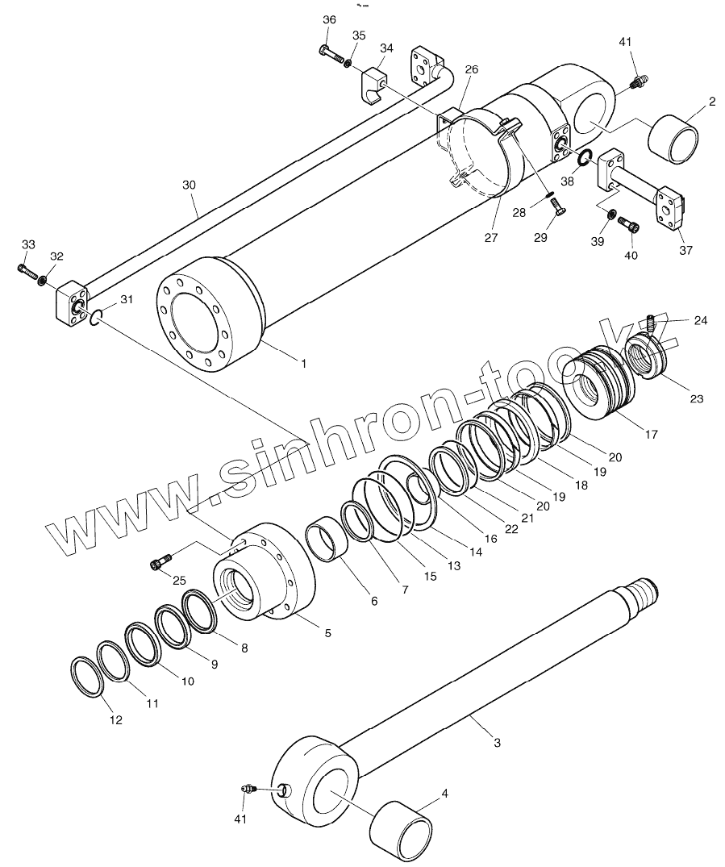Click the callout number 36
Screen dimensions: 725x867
click(329, 19)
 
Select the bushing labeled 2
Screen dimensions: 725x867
click(673, 140)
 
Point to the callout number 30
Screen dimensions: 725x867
click(189, 185)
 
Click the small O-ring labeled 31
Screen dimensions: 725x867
click(94, 319)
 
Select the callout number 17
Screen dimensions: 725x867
click(651, 434)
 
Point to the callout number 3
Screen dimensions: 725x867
click(496, 742)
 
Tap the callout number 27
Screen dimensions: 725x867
click(491, 238)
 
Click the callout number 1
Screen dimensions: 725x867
click(303, 364)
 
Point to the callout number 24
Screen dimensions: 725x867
click(700, 320)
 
